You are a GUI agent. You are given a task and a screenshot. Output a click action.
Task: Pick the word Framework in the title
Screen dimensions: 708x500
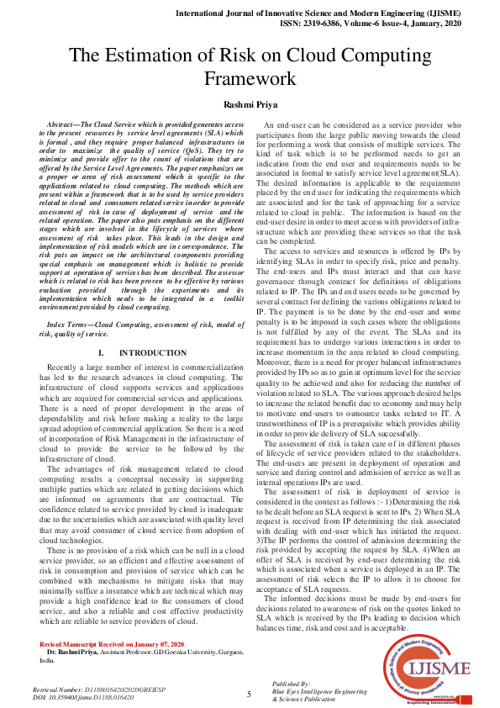[x=250, y=80]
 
